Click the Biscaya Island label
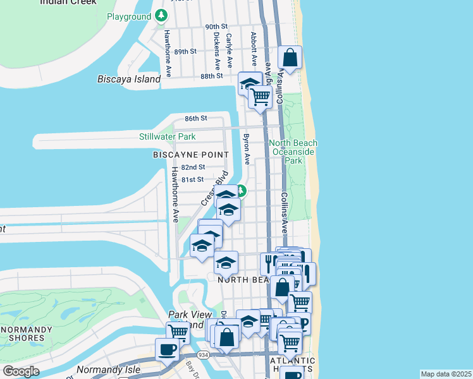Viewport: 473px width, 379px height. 129,80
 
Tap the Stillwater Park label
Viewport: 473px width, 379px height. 167,136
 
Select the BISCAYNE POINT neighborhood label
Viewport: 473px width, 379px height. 190,155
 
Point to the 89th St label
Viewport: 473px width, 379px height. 186,51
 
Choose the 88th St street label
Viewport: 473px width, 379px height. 211,76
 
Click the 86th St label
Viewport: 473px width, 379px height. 196,119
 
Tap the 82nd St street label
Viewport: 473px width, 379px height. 193,167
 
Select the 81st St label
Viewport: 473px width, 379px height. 192,179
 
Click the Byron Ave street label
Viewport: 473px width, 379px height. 245,148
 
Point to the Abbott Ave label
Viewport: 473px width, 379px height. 254,49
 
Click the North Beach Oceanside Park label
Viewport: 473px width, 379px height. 293,152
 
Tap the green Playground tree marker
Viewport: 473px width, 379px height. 163,16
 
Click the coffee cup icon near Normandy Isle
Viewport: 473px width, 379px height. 168,349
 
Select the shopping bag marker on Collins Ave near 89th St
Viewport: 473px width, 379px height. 290,58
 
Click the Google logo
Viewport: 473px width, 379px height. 21,371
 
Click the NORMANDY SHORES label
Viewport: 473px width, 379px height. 26,334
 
